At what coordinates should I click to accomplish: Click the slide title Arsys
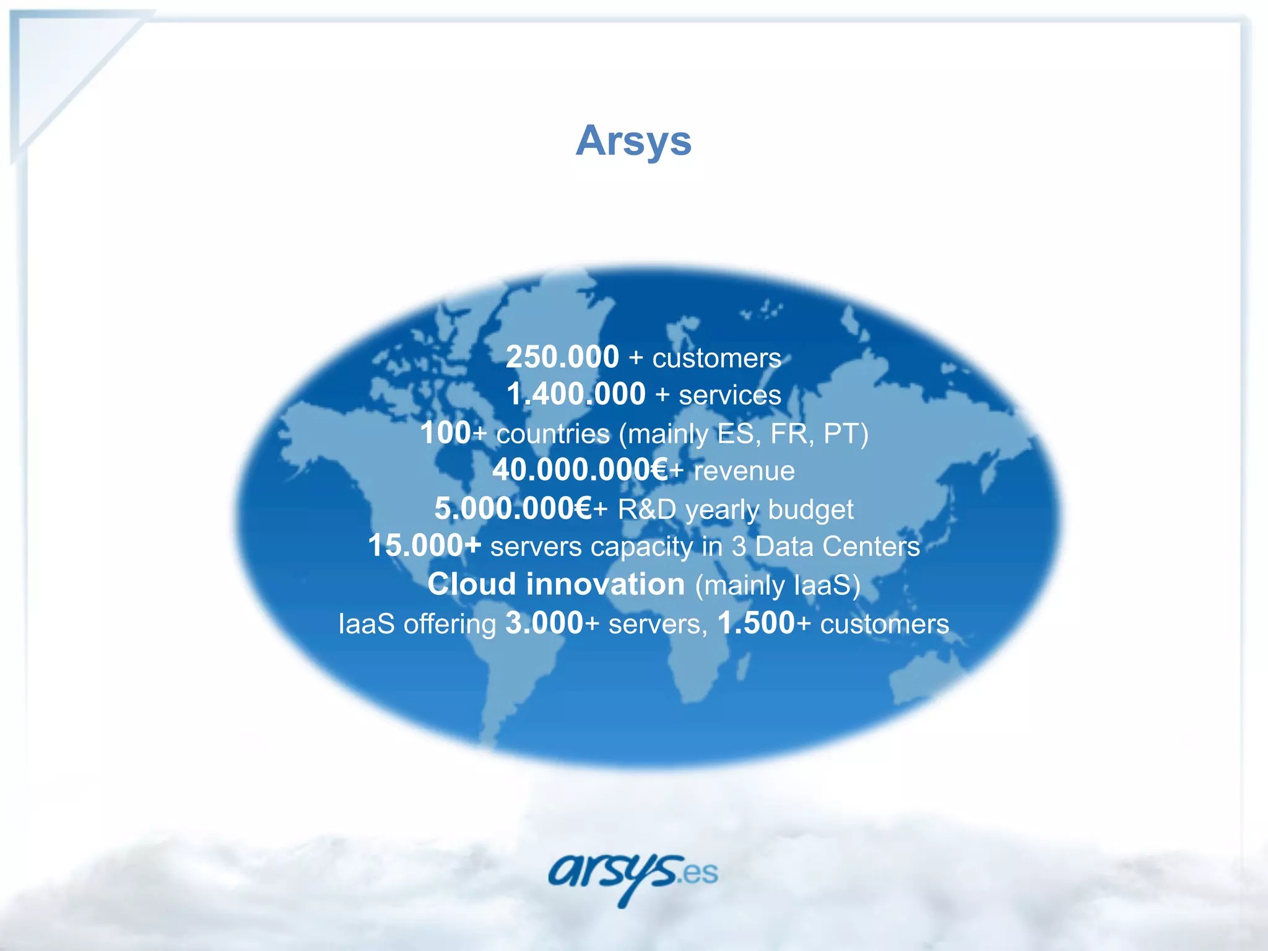point(633,141)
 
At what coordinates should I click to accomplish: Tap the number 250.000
point(562,357)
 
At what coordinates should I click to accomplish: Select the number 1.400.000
point(576,394)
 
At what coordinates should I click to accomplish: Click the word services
point(730,396)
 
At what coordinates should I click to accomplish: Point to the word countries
point(553,434)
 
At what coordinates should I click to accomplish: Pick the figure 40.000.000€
point(580,471)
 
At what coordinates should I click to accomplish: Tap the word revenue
point(744,472)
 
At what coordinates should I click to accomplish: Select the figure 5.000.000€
point(513,509)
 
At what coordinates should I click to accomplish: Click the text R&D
point(647,510)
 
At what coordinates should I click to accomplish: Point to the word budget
point(810,510)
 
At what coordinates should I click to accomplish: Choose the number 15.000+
point(424,546)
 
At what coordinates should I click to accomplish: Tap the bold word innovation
point(606,584)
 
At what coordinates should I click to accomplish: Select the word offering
point(449,624)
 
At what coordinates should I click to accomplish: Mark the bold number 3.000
point(544,623)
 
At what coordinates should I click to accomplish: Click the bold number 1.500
point(756,623)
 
